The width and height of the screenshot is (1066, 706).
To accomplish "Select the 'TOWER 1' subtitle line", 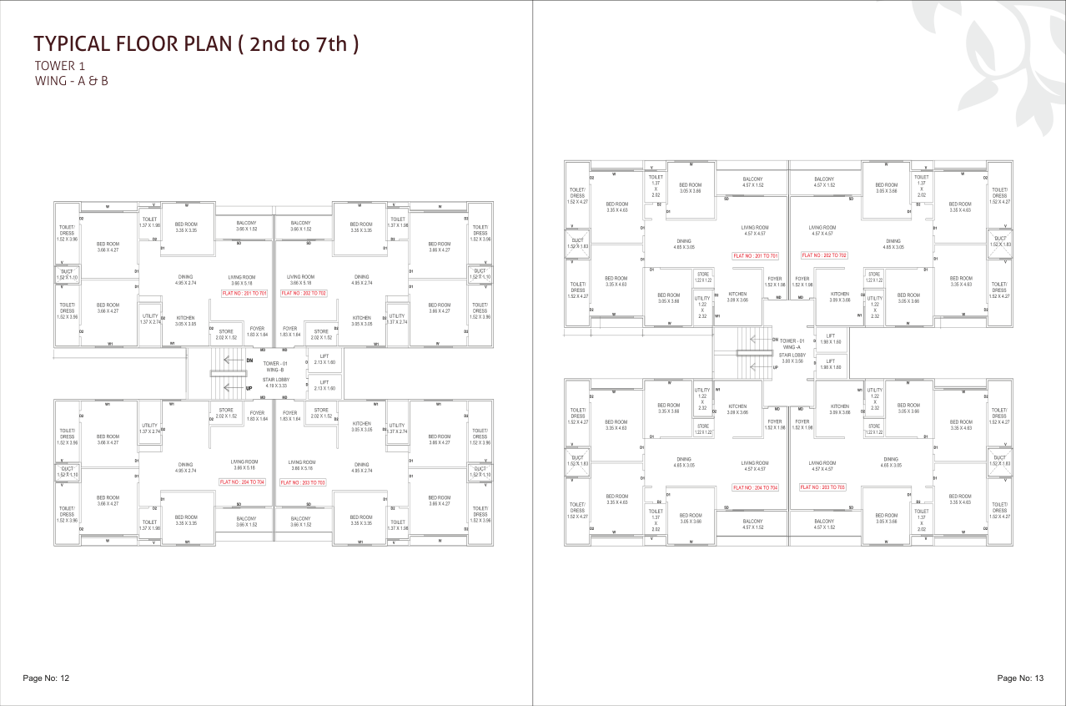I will click(x=60, y=66).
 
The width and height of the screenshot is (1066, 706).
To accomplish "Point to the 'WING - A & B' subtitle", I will click(x=72, y=81).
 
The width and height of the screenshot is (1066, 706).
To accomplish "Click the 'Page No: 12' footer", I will click(x=46, y=678).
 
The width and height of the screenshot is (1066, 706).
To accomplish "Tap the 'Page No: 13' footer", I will click(x=1020, y=678).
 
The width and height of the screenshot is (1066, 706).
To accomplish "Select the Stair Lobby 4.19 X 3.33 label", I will click(x=275, y=383).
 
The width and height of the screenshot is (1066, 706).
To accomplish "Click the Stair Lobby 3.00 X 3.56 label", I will click(x=792, y=358).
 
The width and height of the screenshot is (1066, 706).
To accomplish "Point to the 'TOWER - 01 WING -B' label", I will click(x=275, y=366).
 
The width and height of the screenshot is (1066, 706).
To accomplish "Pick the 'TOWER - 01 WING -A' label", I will click(x=792, y=344).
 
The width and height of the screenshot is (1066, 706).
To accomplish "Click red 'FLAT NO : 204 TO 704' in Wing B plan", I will click(x=242, y=482).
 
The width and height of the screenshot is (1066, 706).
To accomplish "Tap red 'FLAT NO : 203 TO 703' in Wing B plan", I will click(x=302, y=482).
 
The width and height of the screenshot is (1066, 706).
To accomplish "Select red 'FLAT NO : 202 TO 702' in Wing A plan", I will click(x=824, y=255).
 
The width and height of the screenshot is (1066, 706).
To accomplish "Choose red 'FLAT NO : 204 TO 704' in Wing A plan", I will click(x=755, y=487).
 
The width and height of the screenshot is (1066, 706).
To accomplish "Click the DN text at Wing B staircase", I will click(x=249, y=360).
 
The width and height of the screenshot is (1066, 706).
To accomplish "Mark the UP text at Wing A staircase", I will click(x=776, y=367).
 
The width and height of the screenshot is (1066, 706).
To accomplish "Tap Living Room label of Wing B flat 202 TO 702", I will click(x=300, y=280).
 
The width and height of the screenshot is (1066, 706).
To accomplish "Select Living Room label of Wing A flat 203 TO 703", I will click(x=822, y=466).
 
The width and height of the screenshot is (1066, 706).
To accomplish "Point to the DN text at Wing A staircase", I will click(x=776, y=340).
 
